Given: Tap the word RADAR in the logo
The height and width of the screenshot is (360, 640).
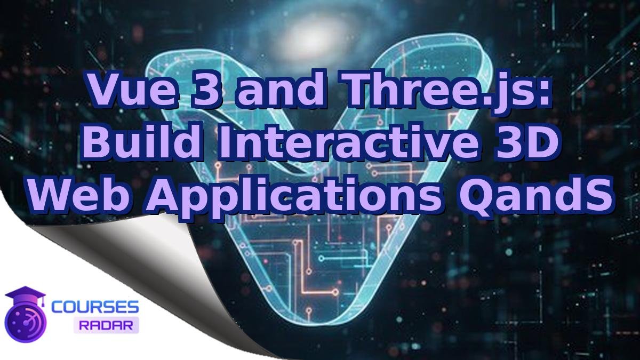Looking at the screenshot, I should (x=106, y=324).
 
